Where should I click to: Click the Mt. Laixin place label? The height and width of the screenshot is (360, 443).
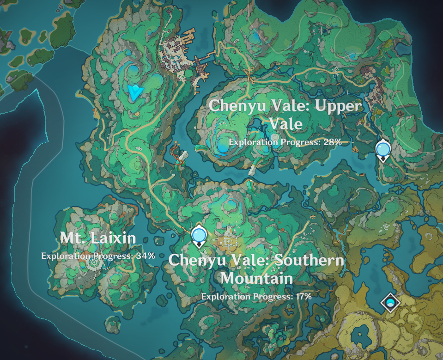[x=98, y=238]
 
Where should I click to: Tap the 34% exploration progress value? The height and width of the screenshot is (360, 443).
[x=145, y=256]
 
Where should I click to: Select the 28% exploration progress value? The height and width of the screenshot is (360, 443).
[x=332, y=142]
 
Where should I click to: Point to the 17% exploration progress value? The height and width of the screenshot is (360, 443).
[x=303, y=296]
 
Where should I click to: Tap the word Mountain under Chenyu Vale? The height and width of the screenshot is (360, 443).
[x=256, y=279]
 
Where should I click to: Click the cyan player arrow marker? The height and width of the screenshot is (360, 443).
[x=135, y=92]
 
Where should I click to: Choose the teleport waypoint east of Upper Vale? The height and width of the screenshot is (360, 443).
[x=382, y=150]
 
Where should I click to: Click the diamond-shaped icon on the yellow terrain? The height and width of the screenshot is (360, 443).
[x=390, y=303]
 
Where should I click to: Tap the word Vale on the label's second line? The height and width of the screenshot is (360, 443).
[x=285, y=124]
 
